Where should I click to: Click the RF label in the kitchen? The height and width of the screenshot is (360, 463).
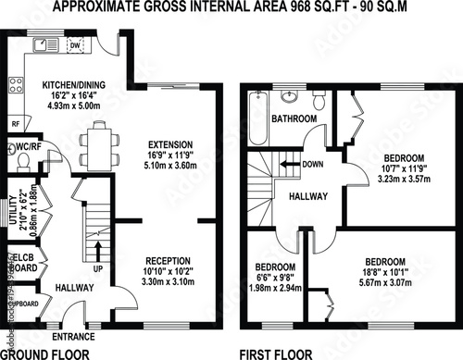point(15,122)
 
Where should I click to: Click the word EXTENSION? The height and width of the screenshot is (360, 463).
point(171,144)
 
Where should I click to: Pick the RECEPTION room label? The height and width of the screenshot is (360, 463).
point(168,260)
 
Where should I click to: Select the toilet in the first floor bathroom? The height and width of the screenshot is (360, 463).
point(318,98)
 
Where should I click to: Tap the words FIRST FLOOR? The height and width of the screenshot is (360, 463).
point(275,353)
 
